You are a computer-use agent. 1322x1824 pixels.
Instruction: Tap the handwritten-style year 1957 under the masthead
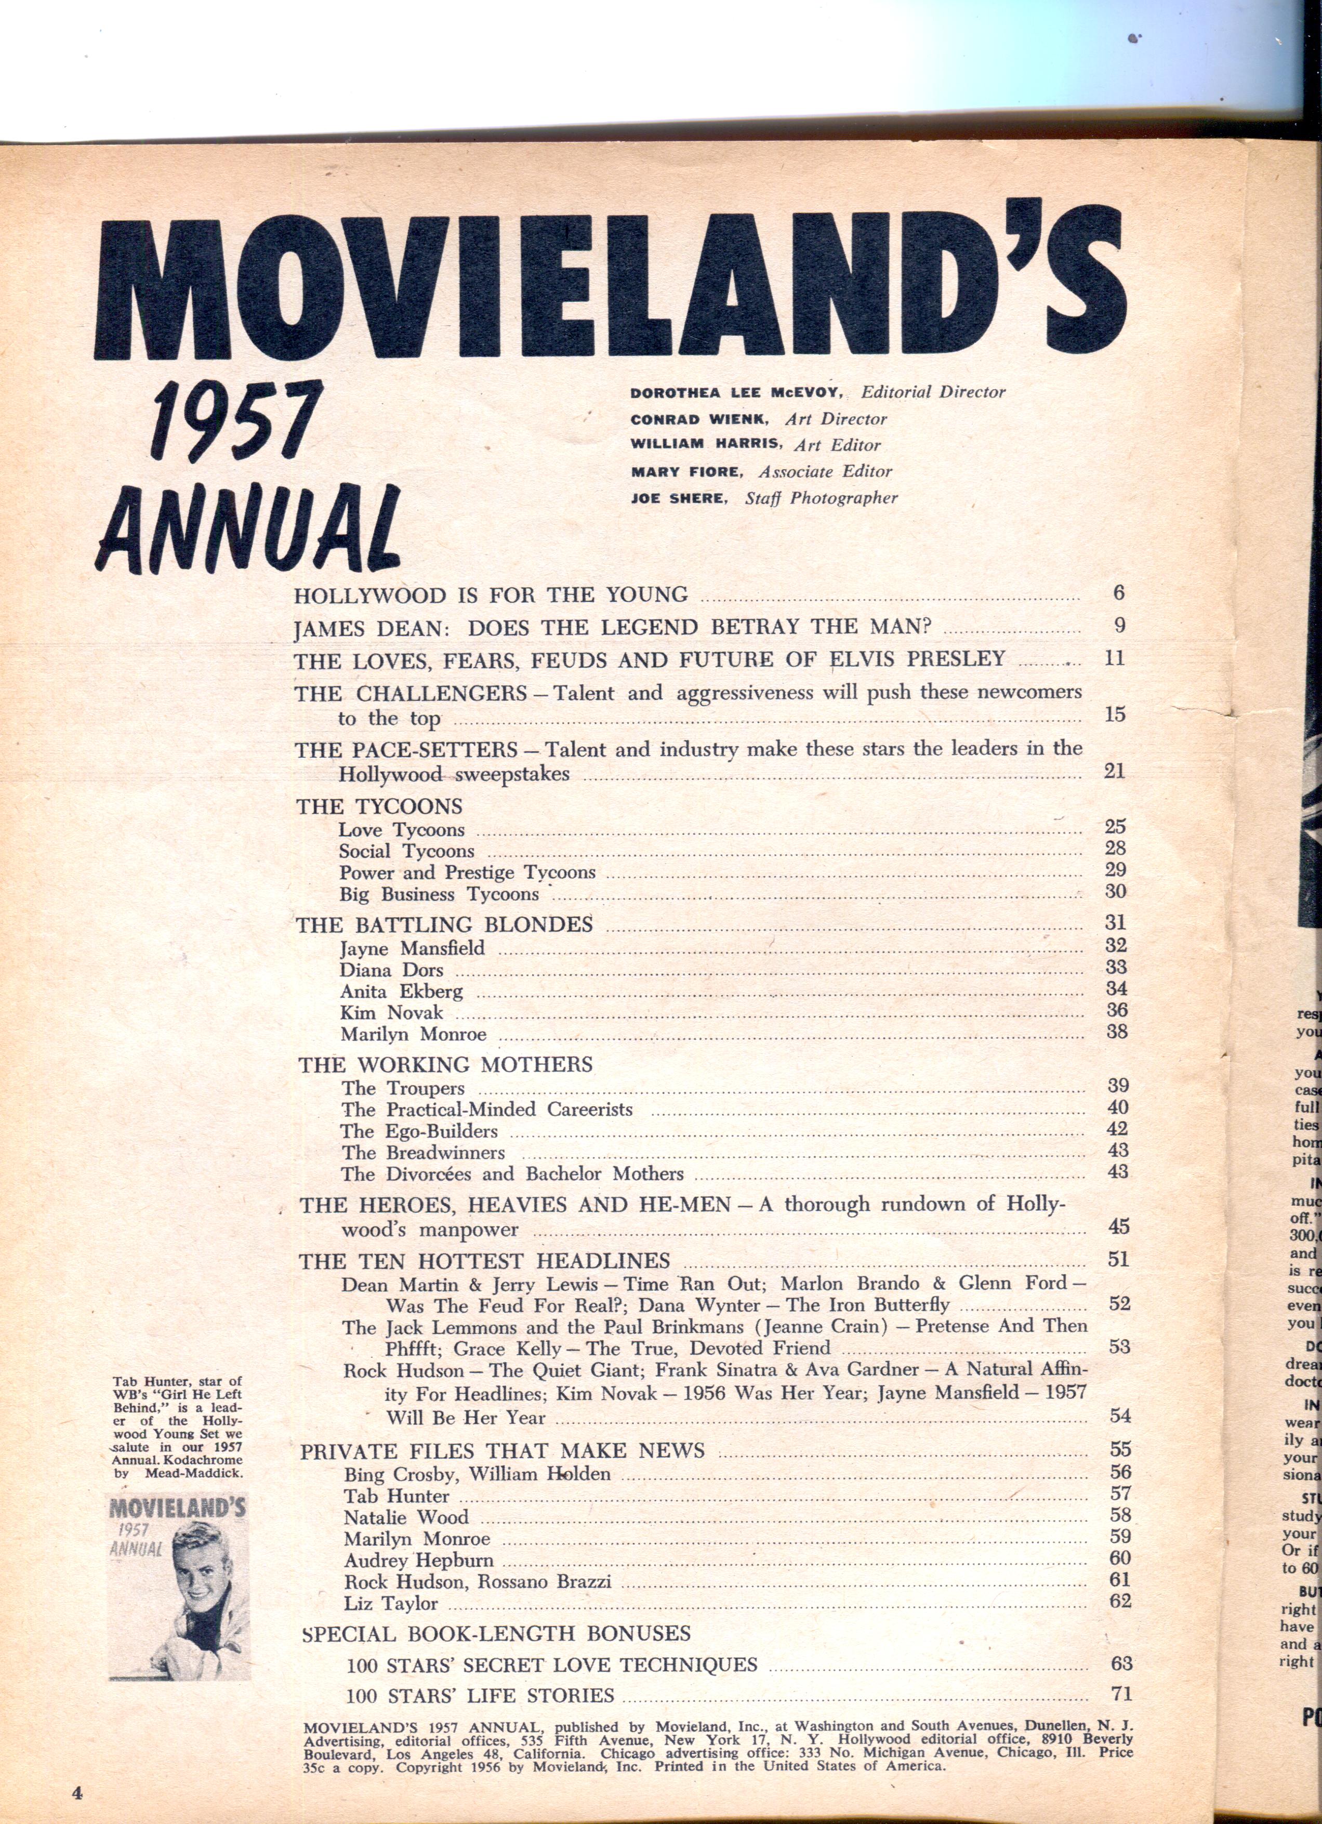tap(237, 425)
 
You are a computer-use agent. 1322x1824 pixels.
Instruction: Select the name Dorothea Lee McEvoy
tap(735, 393)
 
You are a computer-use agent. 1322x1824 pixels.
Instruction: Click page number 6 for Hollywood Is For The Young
tap(1118, 593)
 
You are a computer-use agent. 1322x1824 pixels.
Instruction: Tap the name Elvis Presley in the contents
tap(917, 659)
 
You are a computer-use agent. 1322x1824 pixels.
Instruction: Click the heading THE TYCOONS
tap(379, 807)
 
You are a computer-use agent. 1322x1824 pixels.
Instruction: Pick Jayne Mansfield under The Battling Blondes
tap(412, 948)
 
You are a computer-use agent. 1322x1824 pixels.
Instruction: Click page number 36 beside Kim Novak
tap(1117, 1010)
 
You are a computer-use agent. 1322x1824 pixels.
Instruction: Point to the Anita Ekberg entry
tap(401, 992)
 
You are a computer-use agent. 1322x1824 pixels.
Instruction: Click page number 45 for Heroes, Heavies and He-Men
tap(1118, 1226)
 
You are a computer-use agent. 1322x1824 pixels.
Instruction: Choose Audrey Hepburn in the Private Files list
tap(418, 1560)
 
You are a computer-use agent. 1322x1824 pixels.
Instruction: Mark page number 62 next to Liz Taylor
tap(1120, 1601)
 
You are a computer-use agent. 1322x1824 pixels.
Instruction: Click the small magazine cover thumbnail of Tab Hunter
tap(178, 1577)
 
